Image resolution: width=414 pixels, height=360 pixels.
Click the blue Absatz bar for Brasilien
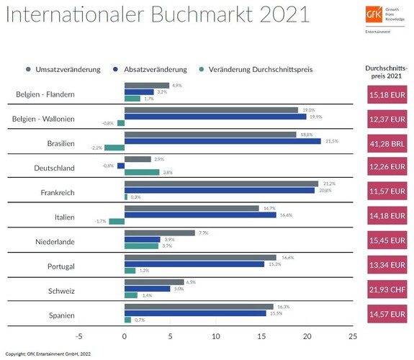point(222,141)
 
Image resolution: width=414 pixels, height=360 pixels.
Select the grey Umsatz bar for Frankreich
point(220,183)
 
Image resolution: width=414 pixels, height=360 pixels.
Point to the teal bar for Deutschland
point(142,172)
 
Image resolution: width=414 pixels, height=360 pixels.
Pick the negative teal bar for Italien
point(117,221)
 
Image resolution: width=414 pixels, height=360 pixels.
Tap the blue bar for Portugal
point(194,264)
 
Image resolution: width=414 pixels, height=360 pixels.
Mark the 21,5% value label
point(332,141)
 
